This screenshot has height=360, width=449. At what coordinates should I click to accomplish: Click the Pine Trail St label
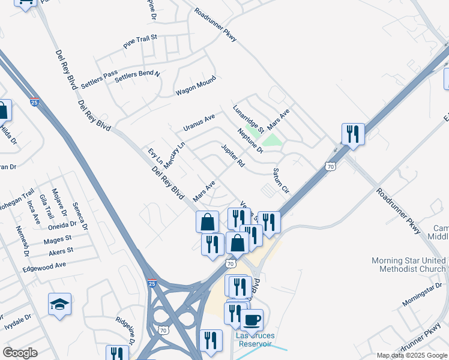coord(140,41)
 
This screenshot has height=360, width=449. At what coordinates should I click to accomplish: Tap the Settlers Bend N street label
coord(137,76)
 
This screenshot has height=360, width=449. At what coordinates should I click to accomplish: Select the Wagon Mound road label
coord(195,88)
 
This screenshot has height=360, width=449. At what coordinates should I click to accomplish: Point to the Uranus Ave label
coord(199,123)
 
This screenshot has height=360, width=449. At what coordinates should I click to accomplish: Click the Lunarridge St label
coord(249,119)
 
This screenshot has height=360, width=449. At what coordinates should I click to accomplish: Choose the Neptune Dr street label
coord(250,140)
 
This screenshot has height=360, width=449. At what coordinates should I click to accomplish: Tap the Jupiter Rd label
coord(233,155)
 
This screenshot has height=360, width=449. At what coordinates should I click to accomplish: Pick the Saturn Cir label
coord(282,180)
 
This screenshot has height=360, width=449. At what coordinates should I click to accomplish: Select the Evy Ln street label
coord(155,156)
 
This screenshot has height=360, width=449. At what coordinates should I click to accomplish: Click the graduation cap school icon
coord(59,304)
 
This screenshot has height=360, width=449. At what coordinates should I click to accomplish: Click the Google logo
coord(20,353)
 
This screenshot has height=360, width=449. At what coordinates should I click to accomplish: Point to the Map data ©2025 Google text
coord(411,355)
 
